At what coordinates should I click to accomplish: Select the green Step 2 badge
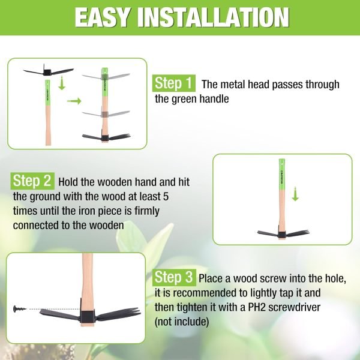click(34, 181)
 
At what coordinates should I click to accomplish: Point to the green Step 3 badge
click(174, 278)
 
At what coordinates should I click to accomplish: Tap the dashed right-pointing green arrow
click(74, 101)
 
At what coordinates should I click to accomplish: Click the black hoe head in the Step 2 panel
click(282, 232)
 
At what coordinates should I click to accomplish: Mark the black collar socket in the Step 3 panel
click(88, 313)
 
